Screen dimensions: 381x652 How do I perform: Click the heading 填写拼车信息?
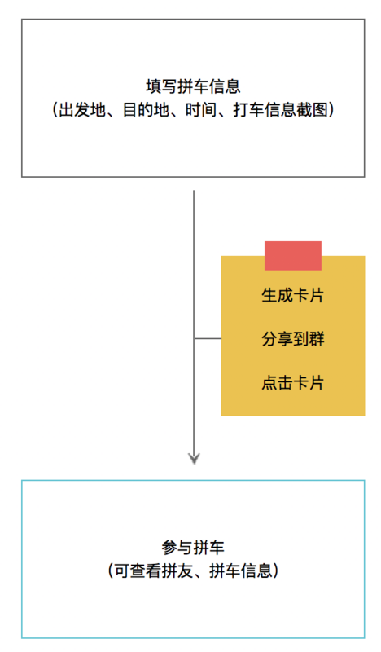click(x=193, y=86)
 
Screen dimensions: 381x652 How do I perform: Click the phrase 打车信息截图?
click(x=280, y=110)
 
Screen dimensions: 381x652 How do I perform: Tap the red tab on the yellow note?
click(x=293, y=256)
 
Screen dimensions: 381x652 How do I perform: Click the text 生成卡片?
click(x=293, y=295)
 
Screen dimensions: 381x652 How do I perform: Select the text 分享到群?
click(x=293, y=339)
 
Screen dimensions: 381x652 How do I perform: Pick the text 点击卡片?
click(x=293, y=382)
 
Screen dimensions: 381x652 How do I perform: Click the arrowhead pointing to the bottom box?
click(x=194, y=458)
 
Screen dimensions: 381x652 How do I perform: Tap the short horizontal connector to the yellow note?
click(x=208, y=338)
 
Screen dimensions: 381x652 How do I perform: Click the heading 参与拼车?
click(x=193, y=548)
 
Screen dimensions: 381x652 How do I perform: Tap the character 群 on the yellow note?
click(x=317, y=339)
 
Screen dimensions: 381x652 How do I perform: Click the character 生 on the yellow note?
click(x=269, y=295)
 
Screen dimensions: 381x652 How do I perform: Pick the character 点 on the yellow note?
click(x=269, y=382)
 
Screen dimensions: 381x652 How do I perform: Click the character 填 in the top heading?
click(x=154, y=86)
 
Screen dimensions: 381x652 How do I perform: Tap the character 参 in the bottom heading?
click(x=169, y=548)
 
